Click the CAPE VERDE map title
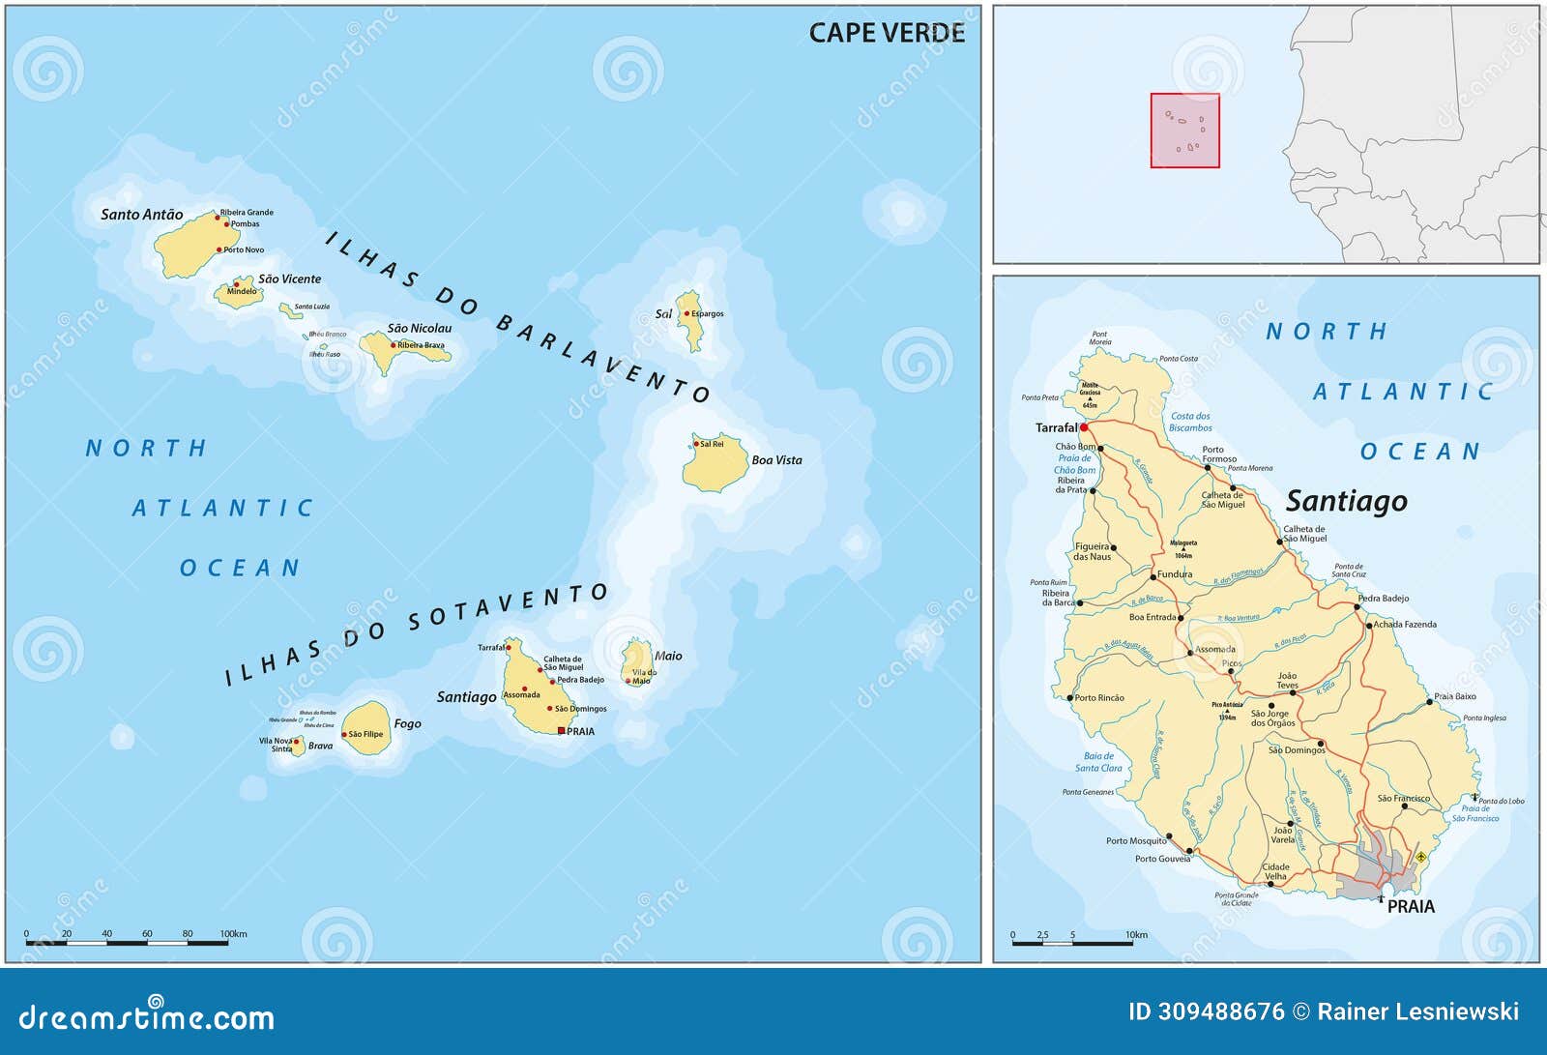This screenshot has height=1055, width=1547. point(886,33)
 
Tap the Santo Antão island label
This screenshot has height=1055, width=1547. point(141,215)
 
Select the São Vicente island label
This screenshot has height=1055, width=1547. point(289,278)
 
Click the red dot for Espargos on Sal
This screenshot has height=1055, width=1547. point(686,313)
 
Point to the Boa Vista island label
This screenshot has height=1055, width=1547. point(776,460)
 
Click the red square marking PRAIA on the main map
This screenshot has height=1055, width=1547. point(561,731)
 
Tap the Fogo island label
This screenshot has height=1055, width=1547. point(407,723)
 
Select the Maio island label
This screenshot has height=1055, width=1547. point(668,656)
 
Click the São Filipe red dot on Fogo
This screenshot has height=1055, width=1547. point(344,735)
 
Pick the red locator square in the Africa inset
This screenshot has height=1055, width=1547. point(1184,131)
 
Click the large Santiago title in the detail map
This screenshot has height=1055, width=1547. point(1346,501)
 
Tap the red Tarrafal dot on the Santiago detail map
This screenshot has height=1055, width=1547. point(1084,426)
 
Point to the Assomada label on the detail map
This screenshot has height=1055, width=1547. point(1215,649)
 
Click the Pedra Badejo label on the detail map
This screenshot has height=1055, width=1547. point(1384,598)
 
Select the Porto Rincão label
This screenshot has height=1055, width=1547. point(1099,697)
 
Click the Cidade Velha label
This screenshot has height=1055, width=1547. point(1275,871)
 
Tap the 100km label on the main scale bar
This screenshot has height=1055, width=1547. point(233,934)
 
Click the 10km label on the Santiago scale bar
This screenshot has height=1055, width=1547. point(1136,935)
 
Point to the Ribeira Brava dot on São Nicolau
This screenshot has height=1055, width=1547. point(394,345)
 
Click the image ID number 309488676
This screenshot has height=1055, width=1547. point(1220,1011)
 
